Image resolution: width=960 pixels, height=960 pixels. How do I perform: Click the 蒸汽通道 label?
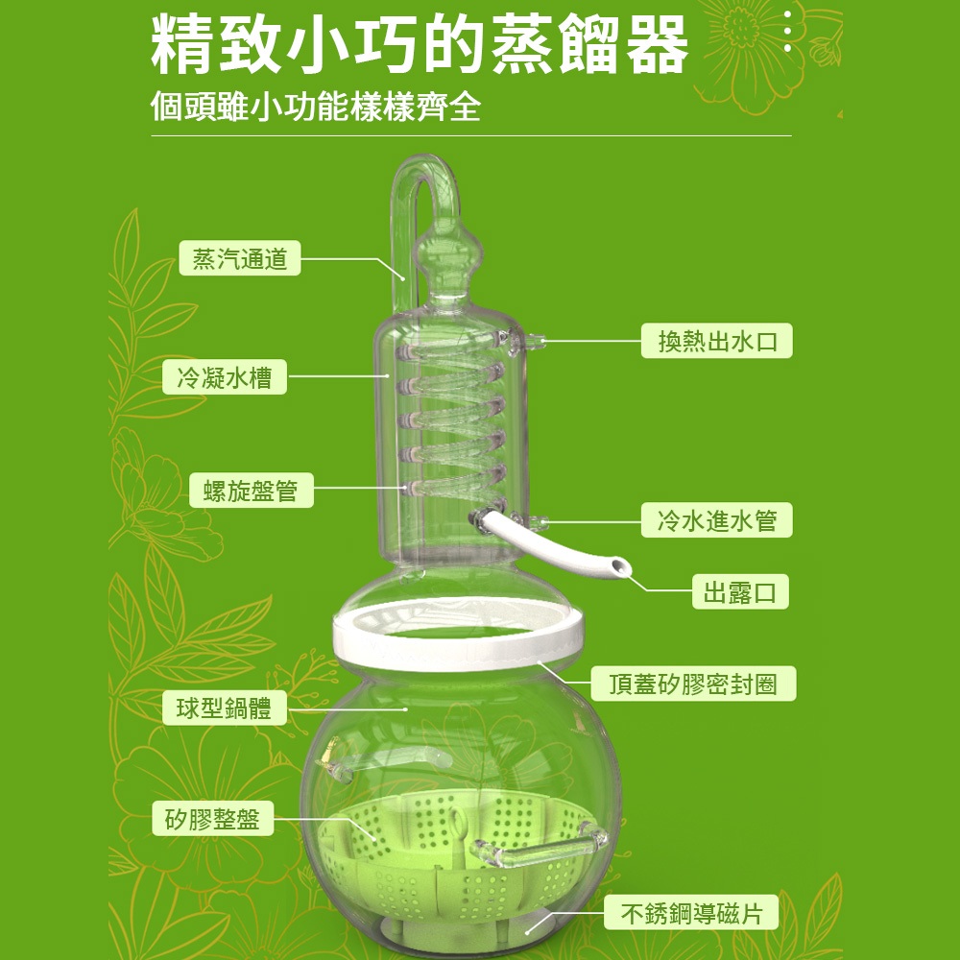coord(239,258)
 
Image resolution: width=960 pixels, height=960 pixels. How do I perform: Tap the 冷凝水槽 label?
coord(224,377)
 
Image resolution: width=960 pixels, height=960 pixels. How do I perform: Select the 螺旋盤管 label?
coord(251,491)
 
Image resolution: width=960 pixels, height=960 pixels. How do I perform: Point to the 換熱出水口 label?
coord(716,341)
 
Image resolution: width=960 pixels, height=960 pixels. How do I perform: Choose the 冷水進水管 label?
coord(716,520)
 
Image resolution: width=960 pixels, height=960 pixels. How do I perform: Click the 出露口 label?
coord(740,591)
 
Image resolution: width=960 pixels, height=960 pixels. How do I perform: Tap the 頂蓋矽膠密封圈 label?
coord(693,684)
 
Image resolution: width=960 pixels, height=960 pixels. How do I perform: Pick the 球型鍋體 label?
coord(224,708)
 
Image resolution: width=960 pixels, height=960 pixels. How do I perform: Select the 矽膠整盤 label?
coord(212,819)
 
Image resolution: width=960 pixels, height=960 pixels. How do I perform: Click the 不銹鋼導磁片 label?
coord(691,913)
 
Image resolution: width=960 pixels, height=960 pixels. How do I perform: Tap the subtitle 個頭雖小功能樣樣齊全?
coord(315,107)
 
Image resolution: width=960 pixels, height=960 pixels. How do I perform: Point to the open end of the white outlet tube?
coord(621,566)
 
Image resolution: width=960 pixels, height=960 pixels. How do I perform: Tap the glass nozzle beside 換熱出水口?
coord(534,340)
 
